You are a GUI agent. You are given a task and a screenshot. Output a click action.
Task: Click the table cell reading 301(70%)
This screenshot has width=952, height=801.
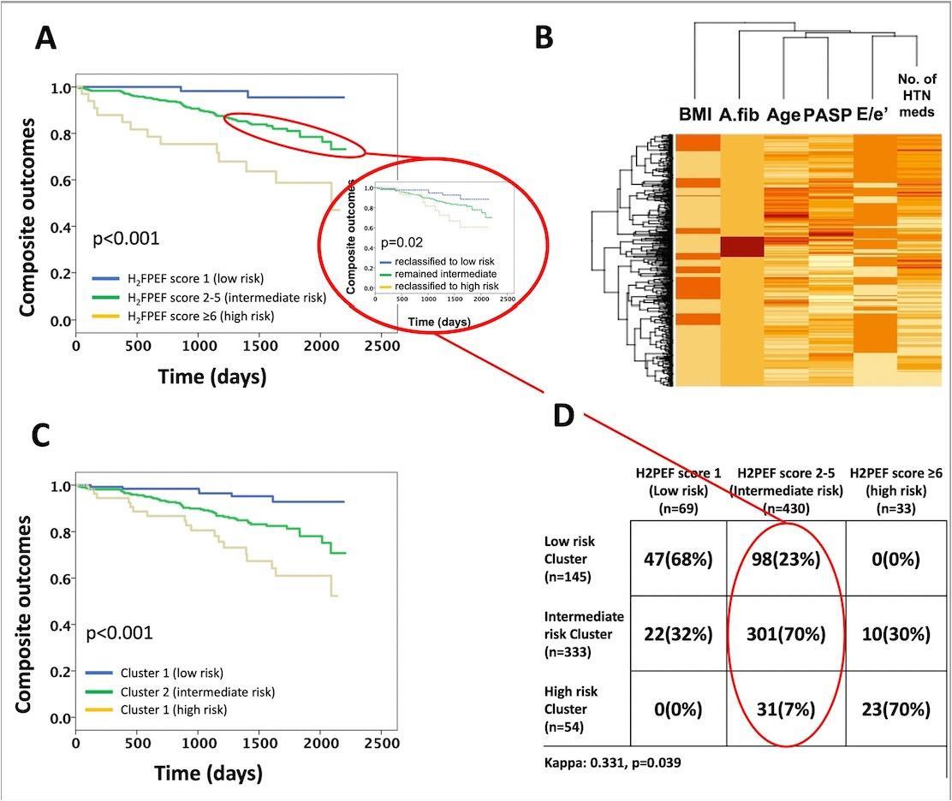click(x=786, y=634)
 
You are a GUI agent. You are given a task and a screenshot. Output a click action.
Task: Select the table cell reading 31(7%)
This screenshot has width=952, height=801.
click(x=786, y=709)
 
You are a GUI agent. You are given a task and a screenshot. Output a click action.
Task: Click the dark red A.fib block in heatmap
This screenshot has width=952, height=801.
click(x=741, y=246)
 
